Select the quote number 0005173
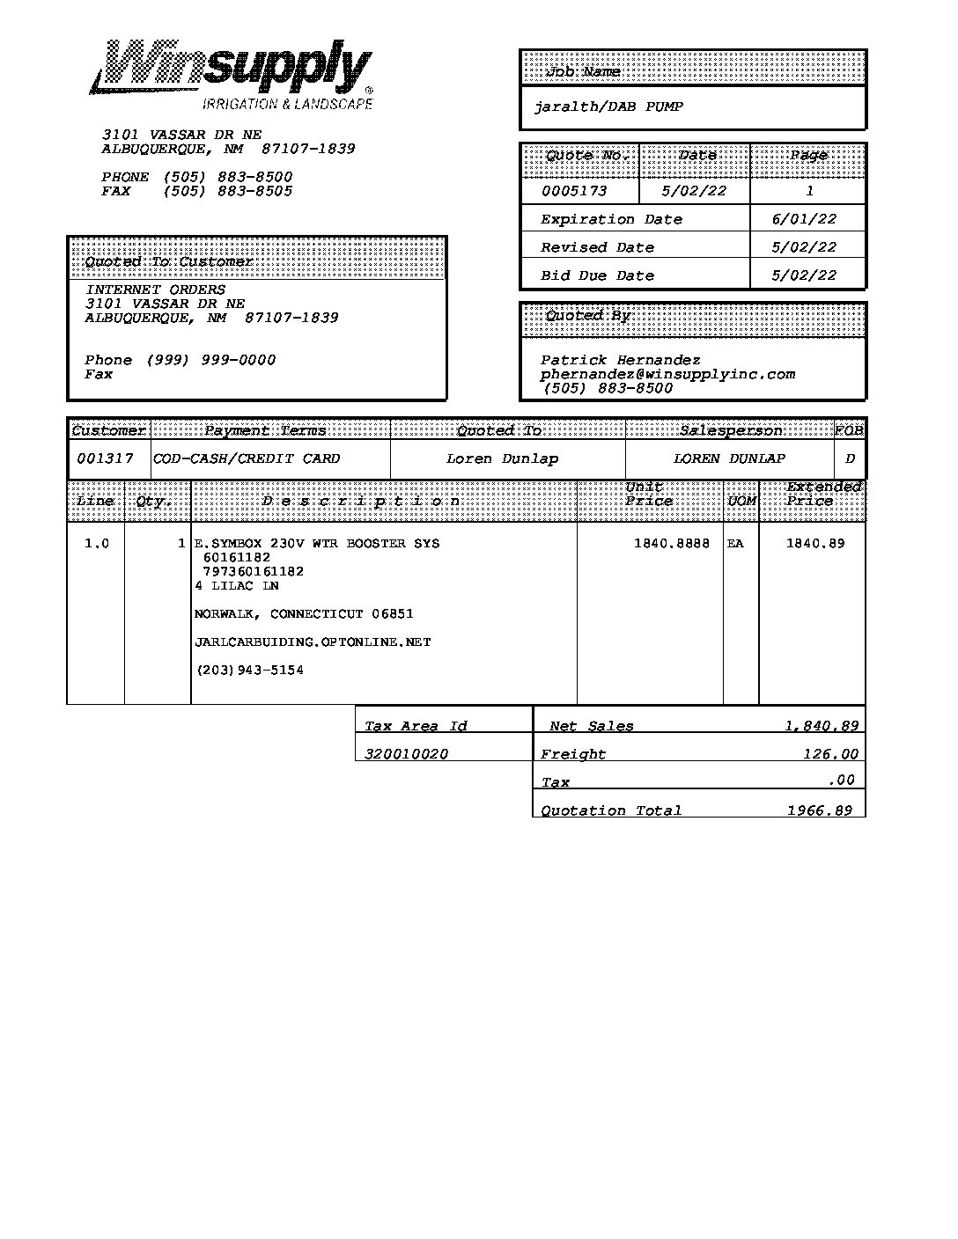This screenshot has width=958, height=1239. [573, 191]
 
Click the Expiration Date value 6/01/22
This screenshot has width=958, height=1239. [804, 219]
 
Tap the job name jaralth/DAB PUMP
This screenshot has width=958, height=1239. [608, 107]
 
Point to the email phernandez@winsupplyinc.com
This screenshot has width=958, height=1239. [667, 374]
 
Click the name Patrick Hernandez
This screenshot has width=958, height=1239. [620, 360]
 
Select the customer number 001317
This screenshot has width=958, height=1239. [105, 458]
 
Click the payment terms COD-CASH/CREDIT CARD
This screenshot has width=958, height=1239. [247, 458]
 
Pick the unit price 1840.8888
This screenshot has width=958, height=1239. [671, 544]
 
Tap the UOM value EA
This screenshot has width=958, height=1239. [735, 544]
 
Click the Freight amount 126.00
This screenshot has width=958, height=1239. [830, 753]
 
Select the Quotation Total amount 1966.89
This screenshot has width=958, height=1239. [819, 810]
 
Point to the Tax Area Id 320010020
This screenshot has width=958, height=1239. [406, 754]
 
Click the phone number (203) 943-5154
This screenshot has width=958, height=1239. [250, 671]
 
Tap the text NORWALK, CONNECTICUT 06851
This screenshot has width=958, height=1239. [304, 614]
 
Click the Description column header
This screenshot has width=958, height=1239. [361, 502]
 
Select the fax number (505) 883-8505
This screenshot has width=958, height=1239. [227, 191]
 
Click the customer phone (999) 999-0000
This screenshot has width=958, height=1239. [210, 360]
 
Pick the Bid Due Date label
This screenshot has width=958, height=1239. [597, 275]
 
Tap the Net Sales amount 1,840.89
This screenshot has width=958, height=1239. [822, 726]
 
